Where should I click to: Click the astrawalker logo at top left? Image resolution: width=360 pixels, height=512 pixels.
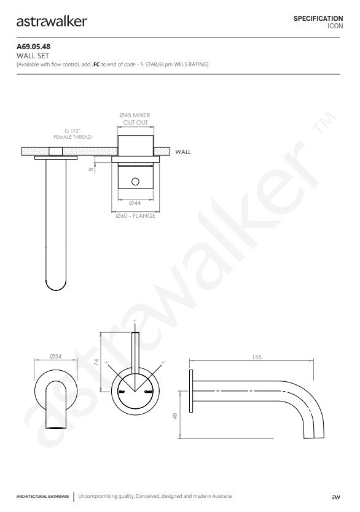pyautogui.click(x=52, y=22)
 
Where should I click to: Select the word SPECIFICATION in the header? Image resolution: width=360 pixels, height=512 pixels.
pyautogui.click(x=318, y=19)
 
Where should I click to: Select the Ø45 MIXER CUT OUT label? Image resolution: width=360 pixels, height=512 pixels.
pyautogui.click(x=135, y=119)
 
